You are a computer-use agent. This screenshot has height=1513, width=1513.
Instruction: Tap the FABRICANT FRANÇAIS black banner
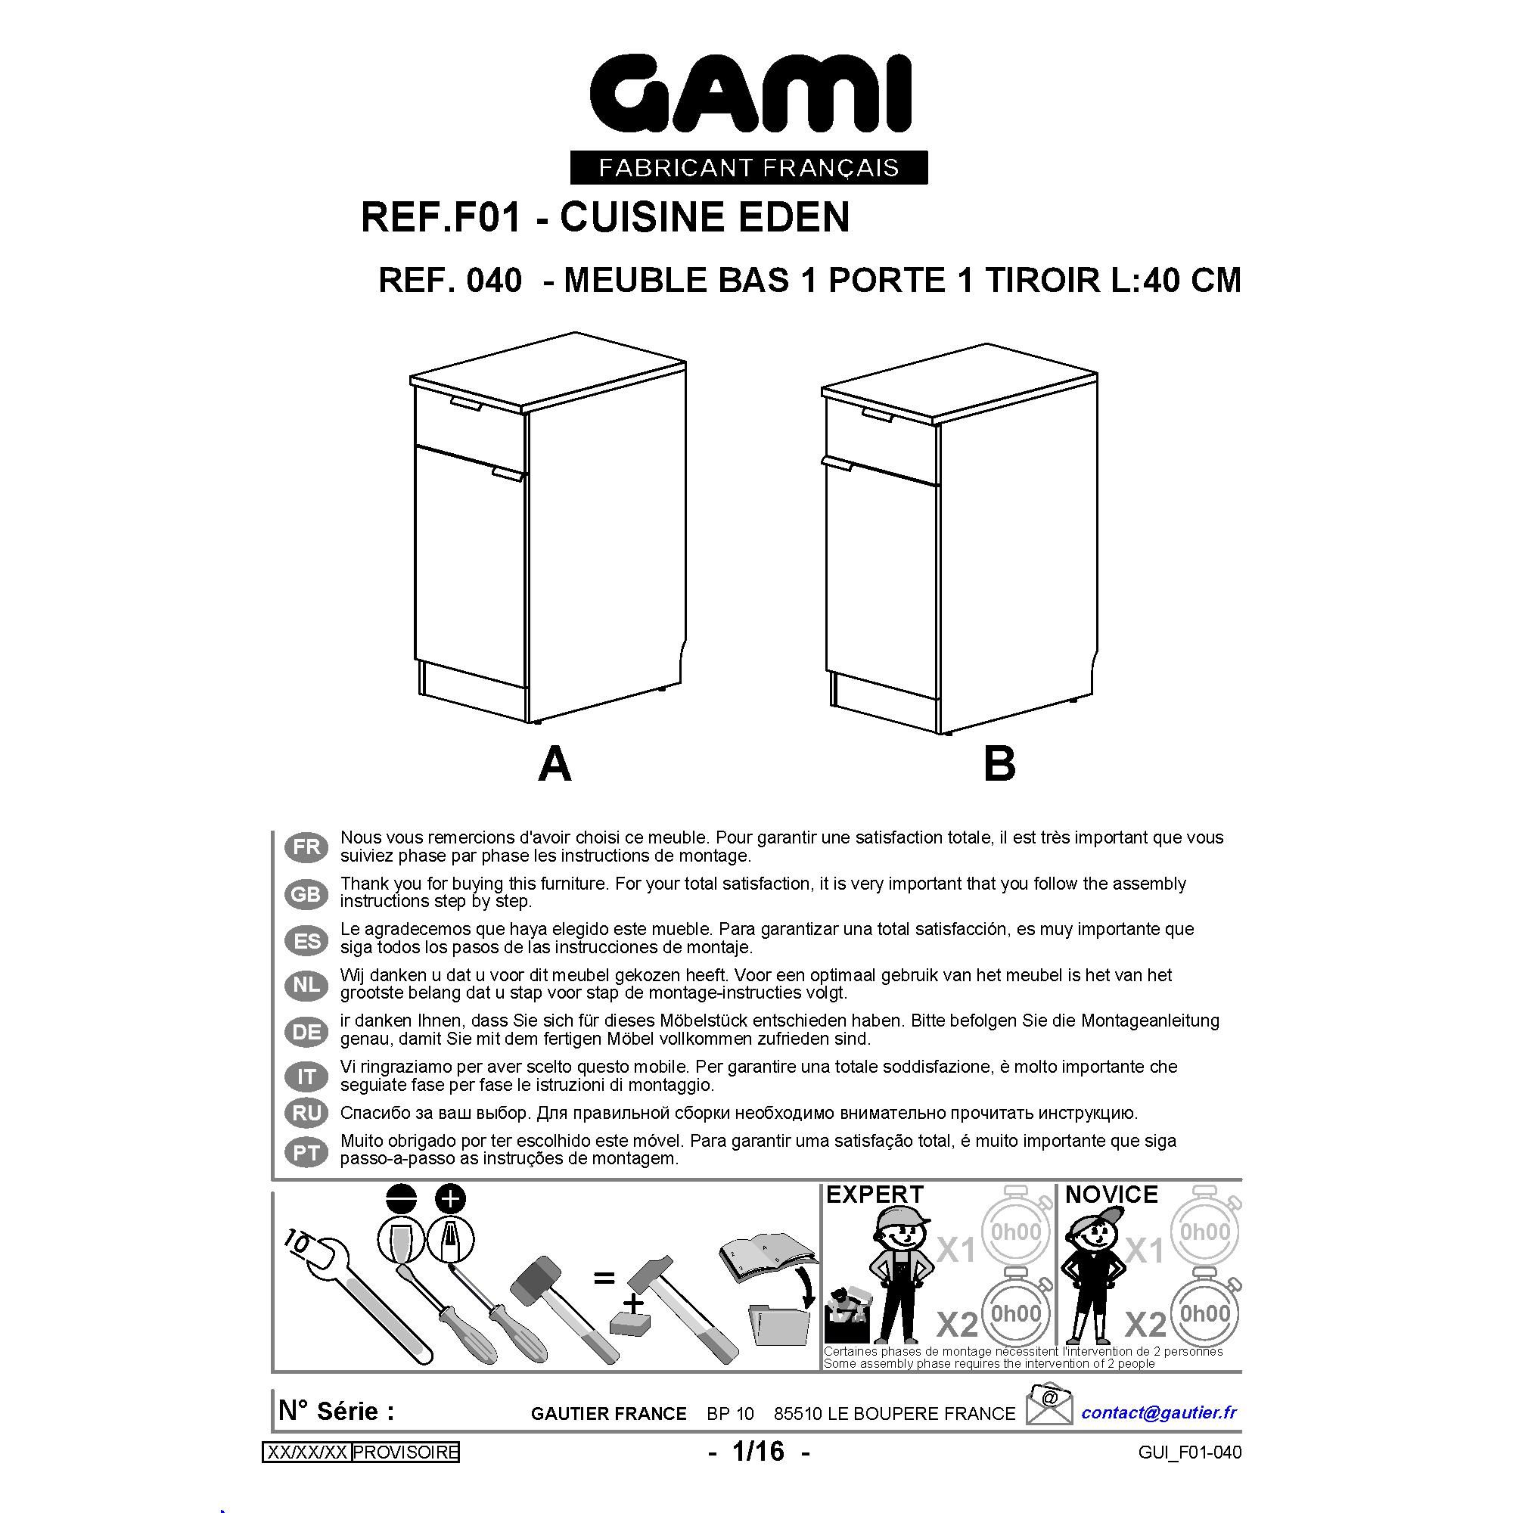pyautogui.click(x=749, y=168)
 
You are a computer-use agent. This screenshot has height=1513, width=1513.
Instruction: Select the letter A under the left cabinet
pyautogui.click(x=555, y=764)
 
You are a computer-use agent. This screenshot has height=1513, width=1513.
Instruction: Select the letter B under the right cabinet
pyautogui.click(x=999, y=764)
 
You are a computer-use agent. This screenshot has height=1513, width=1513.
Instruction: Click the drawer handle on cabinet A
pyautogui.click(x=467, y=402)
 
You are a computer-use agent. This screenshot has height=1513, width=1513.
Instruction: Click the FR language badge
pyautogui.click(x=306, y=847)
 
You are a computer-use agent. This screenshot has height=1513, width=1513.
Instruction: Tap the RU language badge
pyautogui.click(x=306, y=1113)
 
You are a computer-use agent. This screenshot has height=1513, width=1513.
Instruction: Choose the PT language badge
pyautogui.click(x=306, y=1152)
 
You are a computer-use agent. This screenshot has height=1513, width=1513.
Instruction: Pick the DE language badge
pyautogui.click(x=306, y=1032)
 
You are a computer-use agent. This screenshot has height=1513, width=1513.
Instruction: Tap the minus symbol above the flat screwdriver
pyautogui.click(x=402, y=1199)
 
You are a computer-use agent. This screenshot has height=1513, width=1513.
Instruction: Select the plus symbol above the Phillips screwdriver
pyautogui.click(x=450, y=1199)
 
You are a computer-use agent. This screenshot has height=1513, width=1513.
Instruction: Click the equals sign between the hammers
pyautogui.click(x=604, y=1278)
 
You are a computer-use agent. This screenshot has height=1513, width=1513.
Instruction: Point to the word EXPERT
pyautogui.click(x=875, y=1195)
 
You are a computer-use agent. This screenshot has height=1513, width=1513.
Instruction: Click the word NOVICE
pyautogui.click(x=1111, y=1195)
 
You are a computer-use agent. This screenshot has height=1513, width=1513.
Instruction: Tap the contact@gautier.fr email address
pyautogui.click(x=1159, y=1412)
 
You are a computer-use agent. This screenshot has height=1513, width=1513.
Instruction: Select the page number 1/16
pyautogui.click(x=758, y=1451)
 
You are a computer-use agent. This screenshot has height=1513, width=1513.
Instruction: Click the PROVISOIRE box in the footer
pyautogui.click(x=405, y=1452)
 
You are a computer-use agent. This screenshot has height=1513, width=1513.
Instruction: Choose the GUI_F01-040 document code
pyautogui.click(x=1190, y=1452)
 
